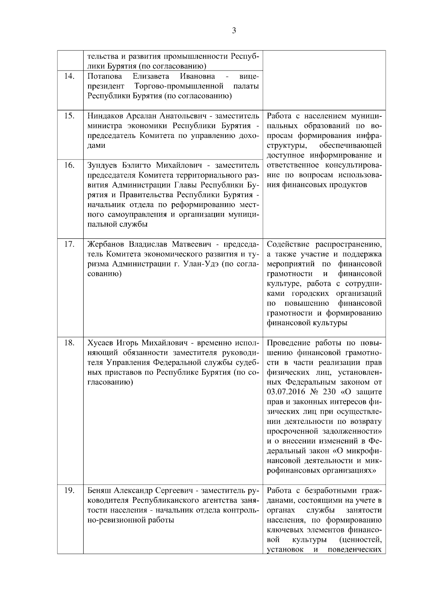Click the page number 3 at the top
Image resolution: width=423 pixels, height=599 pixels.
point(234,31)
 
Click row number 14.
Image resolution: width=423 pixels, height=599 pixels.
point(69,77)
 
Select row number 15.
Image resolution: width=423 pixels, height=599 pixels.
point(69,116)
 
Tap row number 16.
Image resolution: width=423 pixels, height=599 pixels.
point(69,165)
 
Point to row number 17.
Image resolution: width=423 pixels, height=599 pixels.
point(69,244)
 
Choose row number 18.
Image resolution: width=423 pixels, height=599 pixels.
point(69,343)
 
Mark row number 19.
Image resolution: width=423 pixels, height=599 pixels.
point(69,490)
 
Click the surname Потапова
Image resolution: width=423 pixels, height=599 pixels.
point(105,77)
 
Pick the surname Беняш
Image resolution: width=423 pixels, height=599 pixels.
point(99,490)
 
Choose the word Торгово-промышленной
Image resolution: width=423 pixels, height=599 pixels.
point(179,86)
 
